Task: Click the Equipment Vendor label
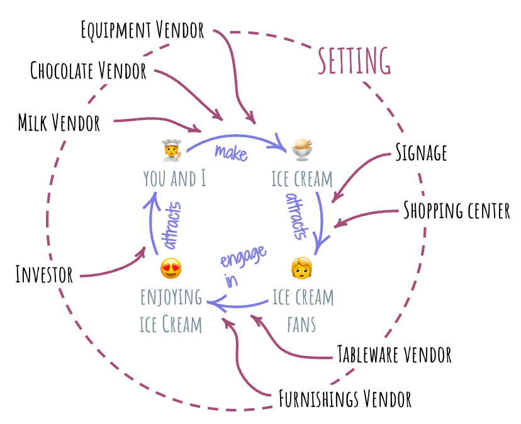click(x=143, y=30)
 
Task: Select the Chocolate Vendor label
click(x=88, y=70)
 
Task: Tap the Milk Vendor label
click(x=59, y=123)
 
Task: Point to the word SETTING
click(x=354, y=61)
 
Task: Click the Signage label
click(x=421, y=152)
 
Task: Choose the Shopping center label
click(x=456, y=210)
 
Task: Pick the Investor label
click(x=44, y=275)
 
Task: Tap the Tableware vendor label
click(x=395, y=354)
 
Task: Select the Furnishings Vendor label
click(x=345, y=399)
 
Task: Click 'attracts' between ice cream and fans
click(x=297, y=216)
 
